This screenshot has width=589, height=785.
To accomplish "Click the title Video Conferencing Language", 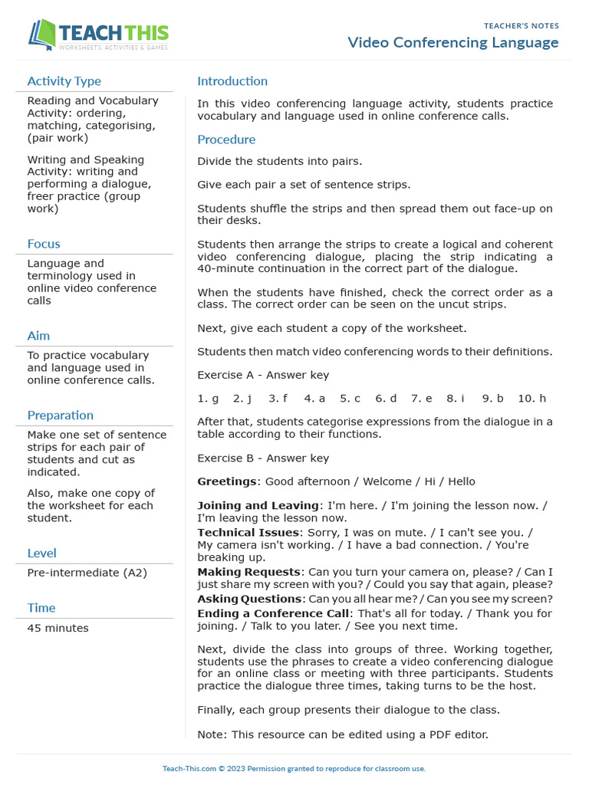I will [452, 42].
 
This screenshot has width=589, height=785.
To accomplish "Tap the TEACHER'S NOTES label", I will [521, 26].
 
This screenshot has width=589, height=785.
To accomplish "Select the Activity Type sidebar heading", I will [64, 81].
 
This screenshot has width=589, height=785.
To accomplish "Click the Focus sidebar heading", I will [44, 244].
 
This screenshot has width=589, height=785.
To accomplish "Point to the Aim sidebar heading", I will [38, 336].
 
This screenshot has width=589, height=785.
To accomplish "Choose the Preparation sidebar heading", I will [61, 415].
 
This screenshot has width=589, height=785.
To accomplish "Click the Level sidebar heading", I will [41, 553].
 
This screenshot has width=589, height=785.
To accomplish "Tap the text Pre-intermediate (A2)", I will [87, 573].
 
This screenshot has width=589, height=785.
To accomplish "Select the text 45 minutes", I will [58, 628].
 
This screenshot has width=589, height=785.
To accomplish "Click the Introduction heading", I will [232, 81].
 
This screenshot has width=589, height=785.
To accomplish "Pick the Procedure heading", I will [226, 140].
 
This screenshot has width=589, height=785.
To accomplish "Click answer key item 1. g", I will [208, 399].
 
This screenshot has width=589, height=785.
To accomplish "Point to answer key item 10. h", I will [531, 399].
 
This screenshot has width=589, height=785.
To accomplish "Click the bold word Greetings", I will [227, 481].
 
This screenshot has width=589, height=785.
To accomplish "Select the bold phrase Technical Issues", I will [248, 532].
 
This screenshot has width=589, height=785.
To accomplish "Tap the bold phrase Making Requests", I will [248, 572].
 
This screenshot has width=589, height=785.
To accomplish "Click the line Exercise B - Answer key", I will [263, 458].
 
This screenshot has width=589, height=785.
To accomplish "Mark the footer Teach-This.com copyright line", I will [294, 768].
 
